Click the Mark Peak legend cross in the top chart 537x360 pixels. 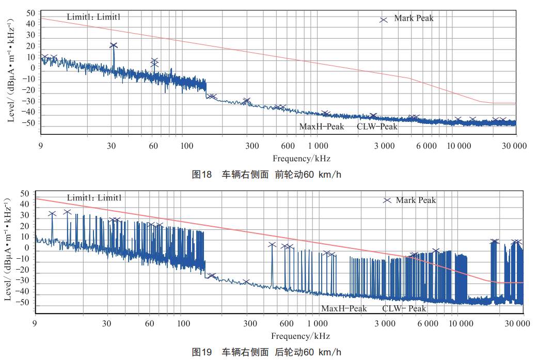[x=384, y=20]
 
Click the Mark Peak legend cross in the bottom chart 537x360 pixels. [x=387, y=200]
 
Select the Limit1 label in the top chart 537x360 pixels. [x=93, y=17]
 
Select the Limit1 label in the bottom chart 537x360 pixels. [x=93, y=197]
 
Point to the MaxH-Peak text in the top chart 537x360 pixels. [x=322, y=127]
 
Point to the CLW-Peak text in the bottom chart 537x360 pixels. [x=404, y=308]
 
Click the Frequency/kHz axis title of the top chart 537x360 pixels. [x=302, y=158]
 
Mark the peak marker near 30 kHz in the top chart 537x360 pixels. [x=114, y=45]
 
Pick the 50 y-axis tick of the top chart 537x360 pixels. [x=30, y=12]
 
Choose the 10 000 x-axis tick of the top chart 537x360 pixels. [x=458, y=146]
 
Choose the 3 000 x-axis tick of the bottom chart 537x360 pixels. [x=385, y=324]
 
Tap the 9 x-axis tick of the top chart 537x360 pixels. [x=40, y=146]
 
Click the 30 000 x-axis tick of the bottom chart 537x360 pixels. [x=517, y=324]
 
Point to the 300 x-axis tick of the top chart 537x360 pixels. [x=252, y=146]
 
